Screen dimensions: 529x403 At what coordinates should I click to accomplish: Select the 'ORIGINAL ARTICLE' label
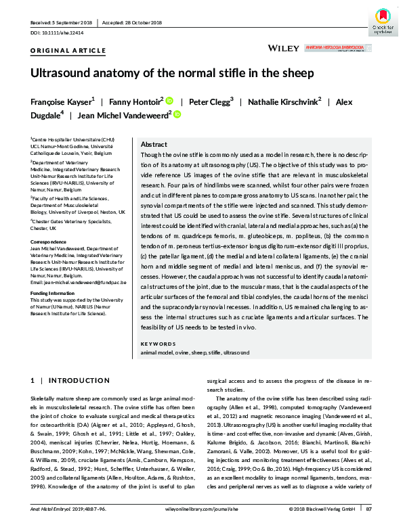[x=68, y=51]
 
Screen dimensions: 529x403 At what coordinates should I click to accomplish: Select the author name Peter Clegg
[x=211, y=101]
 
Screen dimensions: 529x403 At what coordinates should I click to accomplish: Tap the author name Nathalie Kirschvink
[x=284, y=101]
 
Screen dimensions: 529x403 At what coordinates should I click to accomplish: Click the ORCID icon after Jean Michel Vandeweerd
[x=177, y=116]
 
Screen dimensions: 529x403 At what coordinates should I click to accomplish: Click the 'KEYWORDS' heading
[x=157, y=344]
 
